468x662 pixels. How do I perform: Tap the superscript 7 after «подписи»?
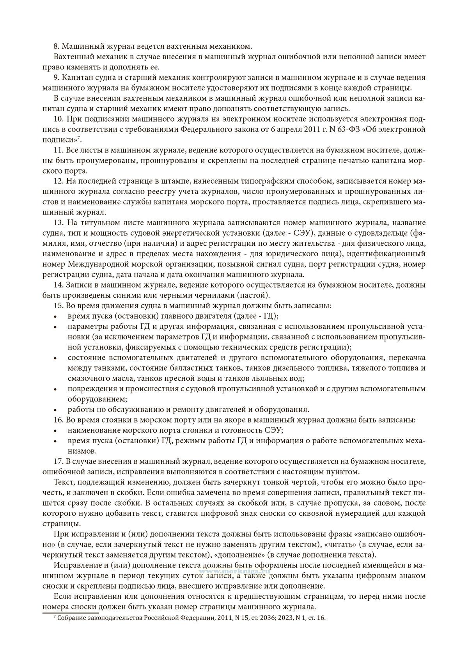coord(78,137)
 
